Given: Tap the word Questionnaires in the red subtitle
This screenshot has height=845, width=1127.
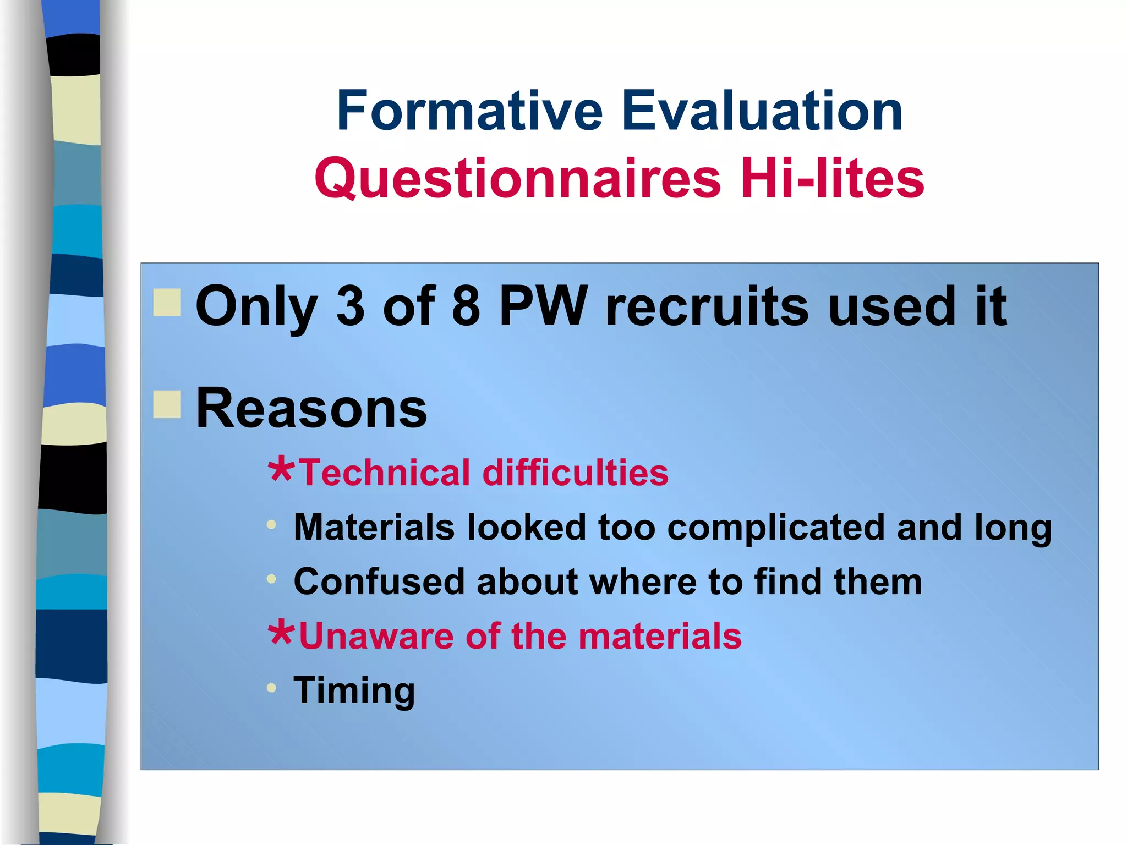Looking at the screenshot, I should pos(517,178).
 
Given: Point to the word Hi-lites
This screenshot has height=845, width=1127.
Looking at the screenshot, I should pos(832,178).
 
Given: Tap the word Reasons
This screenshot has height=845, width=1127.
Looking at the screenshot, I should pos(311,408).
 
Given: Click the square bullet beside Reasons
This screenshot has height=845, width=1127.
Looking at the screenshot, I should pos(167,404).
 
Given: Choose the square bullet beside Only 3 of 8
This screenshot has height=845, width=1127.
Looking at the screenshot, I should pos(167,303).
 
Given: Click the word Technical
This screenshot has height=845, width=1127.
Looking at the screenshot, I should pos(385,473).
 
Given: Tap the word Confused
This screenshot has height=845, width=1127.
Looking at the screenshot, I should pos(379,581).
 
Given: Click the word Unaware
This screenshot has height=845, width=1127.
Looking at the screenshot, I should pos(376,636).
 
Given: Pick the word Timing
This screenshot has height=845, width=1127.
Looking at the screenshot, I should pos(354,691).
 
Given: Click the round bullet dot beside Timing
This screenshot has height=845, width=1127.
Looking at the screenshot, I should pos(271,688).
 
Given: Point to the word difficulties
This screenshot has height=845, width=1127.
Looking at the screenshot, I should pos(575,473).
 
